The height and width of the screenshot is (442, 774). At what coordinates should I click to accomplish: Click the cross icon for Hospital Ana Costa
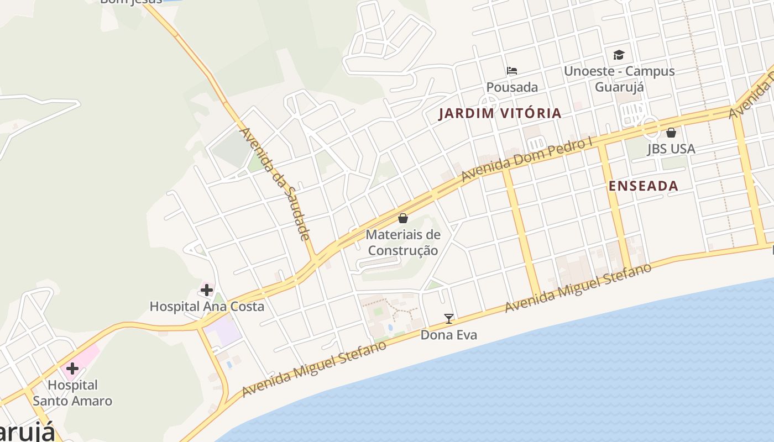click(x=207, y=290)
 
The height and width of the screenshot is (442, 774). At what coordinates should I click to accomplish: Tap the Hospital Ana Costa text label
click(x=207, y=306)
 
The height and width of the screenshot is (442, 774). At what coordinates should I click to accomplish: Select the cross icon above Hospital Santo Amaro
click(x=72, y=369)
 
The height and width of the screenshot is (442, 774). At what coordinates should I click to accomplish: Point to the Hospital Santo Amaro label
click(x=72, y=393)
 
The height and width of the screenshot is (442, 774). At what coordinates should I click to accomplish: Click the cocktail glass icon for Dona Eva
click(x=449, y=319)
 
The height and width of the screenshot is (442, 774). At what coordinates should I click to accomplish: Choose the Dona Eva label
click(x=449, y=335)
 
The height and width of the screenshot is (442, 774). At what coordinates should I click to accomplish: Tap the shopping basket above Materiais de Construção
click(x=403, y=219)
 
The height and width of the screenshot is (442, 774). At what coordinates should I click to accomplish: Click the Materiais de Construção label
click(x=403, y=243)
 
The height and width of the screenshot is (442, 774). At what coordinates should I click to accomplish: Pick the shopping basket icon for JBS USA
click(x=671, y=133)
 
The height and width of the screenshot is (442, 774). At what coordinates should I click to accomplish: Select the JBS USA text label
click(x=671, y=149)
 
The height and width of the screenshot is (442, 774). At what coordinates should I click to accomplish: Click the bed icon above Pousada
click(x=512, y=71)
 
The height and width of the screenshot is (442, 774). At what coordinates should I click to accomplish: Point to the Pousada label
click(x=512, y=87)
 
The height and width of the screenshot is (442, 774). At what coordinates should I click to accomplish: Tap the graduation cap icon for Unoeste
click(x=619, y=55)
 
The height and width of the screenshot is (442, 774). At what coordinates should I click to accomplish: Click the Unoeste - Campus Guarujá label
click(x=619, y=79)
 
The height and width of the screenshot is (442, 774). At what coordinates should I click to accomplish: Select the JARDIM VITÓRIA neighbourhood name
click(x=500, y=114)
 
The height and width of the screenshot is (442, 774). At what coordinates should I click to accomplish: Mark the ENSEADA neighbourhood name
click(x=643, y=186)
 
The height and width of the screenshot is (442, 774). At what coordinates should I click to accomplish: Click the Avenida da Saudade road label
click(x=275, y=184)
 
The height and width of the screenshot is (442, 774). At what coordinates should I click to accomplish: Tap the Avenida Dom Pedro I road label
click(x=526, y=159)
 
